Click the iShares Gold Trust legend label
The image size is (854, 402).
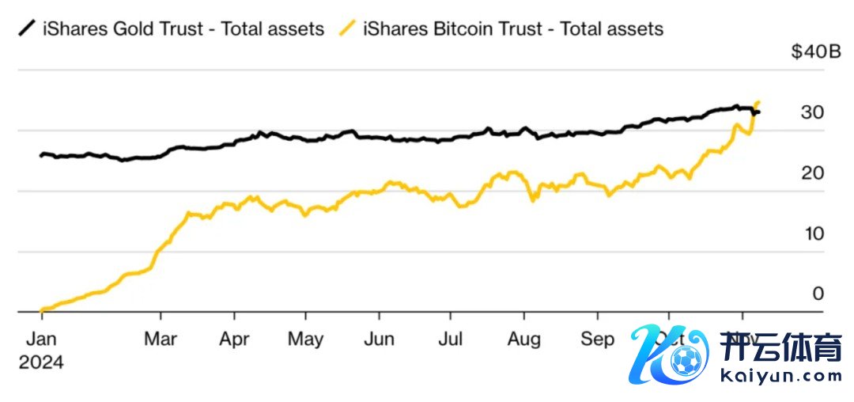[x=183, y=29]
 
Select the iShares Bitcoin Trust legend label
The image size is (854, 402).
[x=512, y=29]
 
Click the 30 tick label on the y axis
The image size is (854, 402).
[x=811, y=112]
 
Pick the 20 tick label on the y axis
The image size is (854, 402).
[x=811, y=173]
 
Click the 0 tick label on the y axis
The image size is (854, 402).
[x=818, y=294]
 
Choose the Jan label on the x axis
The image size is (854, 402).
[x=41, y=339]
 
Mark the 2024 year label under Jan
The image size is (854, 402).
[x=41, y=362]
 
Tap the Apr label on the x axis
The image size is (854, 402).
[x=235, y=339]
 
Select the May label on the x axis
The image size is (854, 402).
[x=305, y=339]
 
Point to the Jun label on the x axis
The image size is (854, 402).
[x=379, y=339]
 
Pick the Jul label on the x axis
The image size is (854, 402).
[x=450, y=339]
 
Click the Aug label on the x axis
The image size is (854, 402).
[x=523, y=339]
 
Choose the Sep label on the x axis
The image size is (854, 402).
[x=597, y=339]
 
